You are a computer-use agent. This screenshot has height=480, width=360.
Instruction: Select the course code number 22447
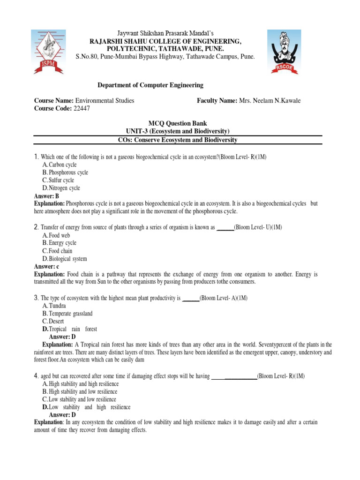(82, 108)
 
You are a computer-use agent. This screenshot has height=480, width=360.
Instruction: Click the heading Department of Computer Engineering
(150, 85)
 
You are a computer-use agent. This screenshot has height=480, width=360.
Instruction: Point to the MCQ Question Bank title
(178, 124)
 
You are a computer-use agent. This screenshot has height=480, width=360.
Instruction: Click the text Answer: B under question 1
(46, 196)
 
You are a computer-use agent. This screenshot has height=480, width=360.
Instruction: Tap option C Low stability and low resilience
(80, 399)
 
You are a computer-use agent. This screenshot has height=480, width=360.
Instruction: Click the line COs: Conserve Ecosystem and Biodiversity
(177, 140)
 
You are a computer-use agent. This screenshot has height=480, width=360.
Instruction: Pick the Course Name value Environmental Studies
(105, 100)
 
